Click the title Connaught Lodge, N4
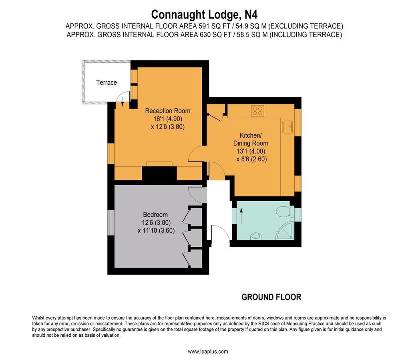pyautogui.click(x=204, y=15)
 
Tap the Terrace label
pyautogui.click(x=107, y=82)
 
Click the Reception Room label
pyautogui.click(x=167, y=111)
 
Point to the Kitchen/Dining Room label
pyautogui.click(x=251, y=139)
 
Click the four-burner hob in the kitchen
pyautogui.click(x=258, y=110)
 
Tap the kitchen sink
pyautogui.click(x=287, y=127)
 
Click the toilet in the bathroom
pyautogui.click(x=285, y=211)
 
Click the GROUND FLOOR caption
pyautogui.click(x=271, y=297)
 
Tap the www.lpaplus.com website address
pyautogui.click(x=208, y=352)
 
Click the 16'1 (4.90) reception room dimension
pyautogui.click(x=167, y=119)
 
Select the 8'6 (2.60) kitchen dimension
pyautogui.click(x=251, y=159)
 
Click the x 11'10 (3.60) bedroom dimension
pyautogui.click(x=156, y=230)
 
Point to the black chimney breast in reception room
pyautogui.click(x=160, y=174)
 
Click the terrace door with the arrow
pyautogui.click(x=123, y=100)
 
